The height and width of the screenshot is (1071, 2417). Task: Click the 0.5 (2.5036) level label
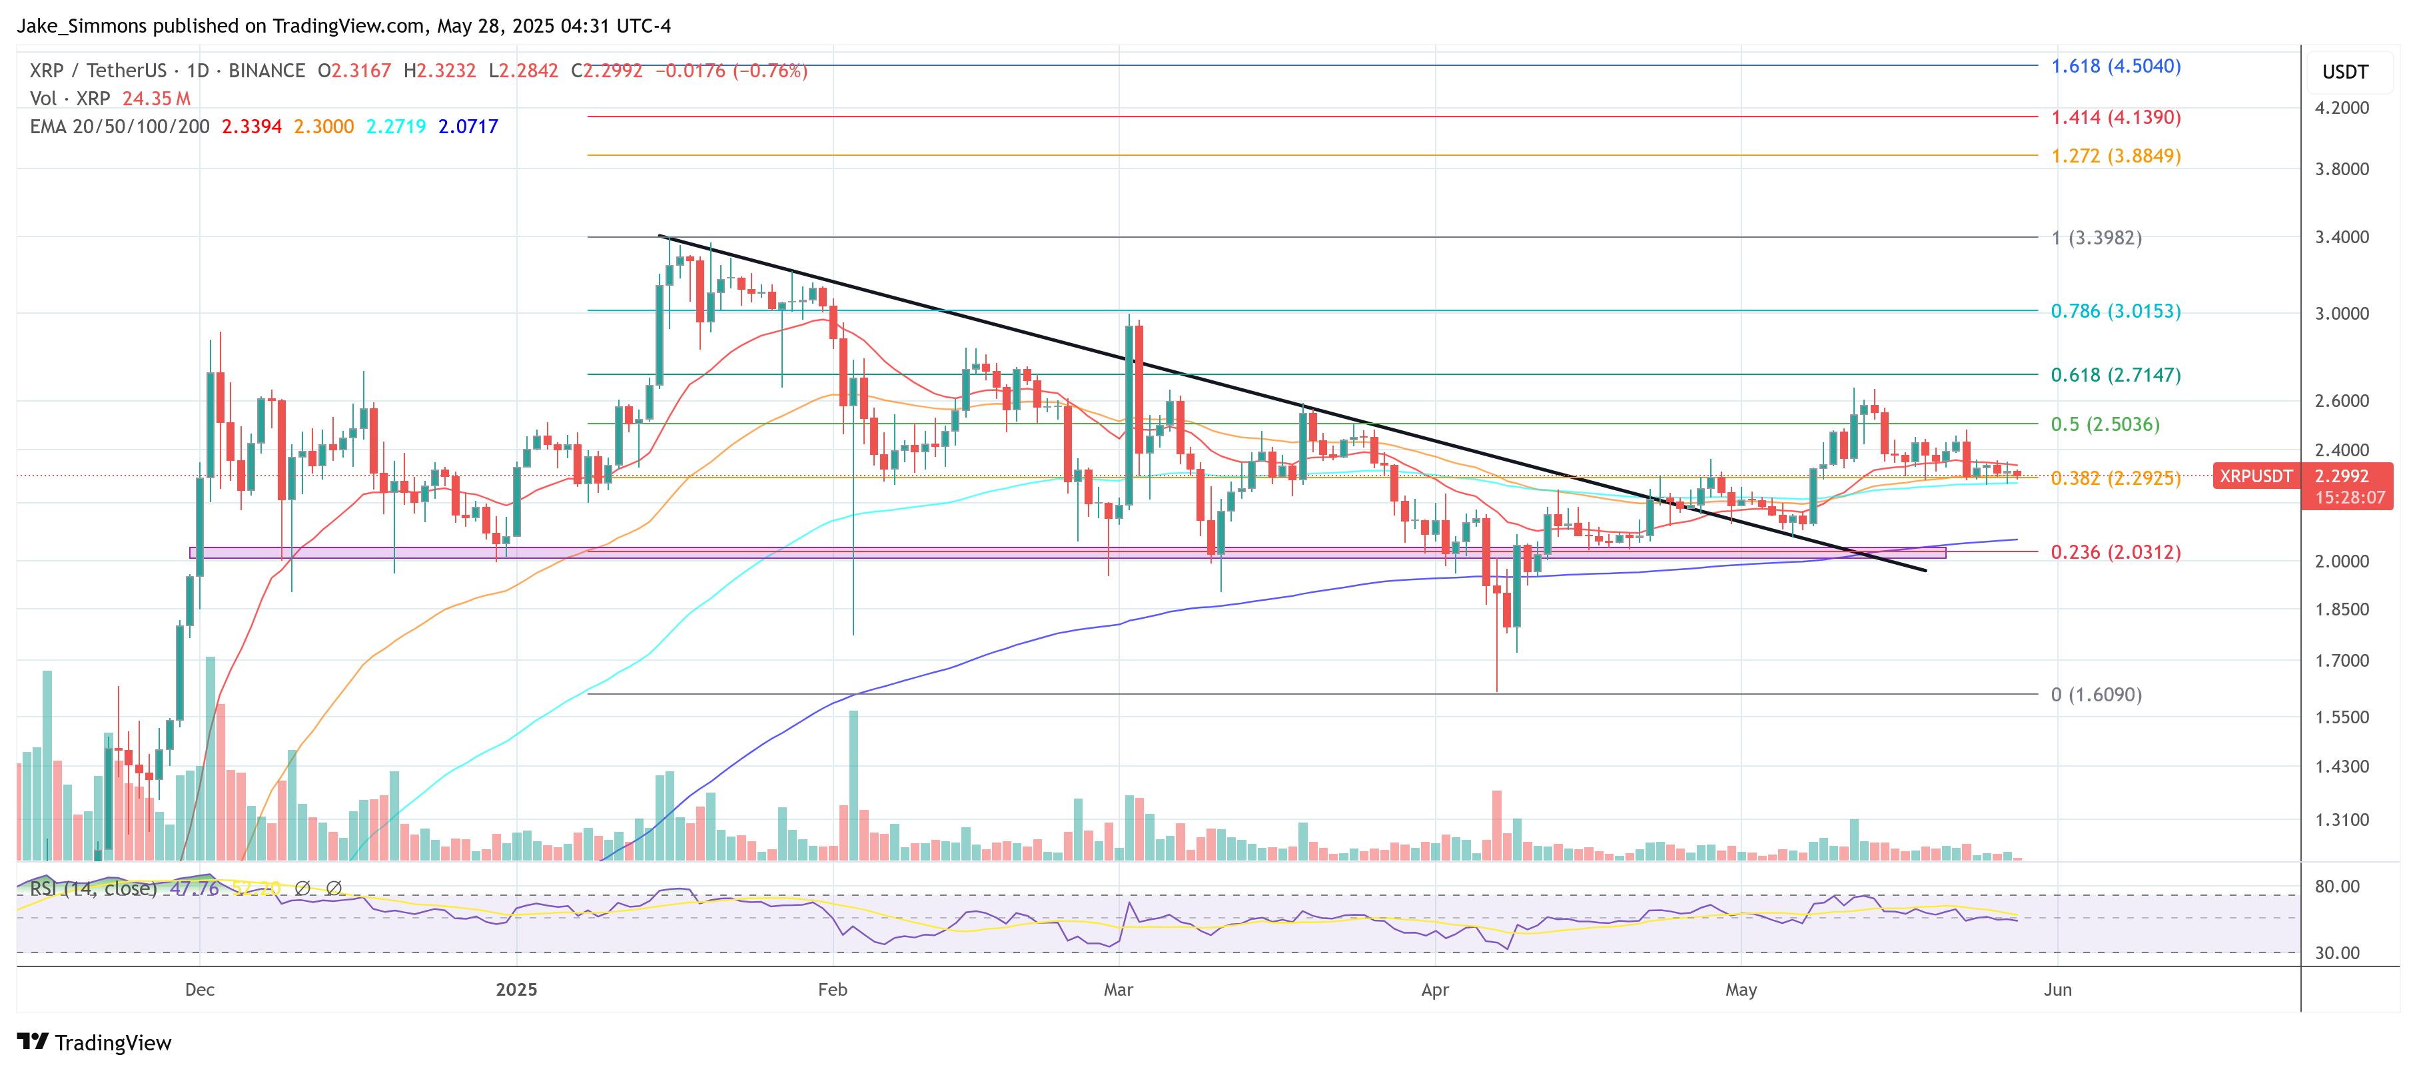click(x=2105, y=424)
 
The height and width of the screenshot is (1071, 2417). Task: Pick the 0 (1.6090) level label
click(x=2095, y=695)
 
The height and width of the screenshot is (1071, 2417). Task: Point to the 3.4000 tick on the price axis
click(x=2341, y=237)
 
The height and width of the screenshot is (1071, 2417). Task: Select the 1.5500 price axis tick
click(x=2341, y=717)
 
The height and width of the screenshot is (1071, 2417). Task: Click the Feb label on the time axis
click(x=832, y=989)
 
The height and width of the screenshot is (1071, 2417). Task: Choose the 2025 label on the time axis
click(x=516, y=989)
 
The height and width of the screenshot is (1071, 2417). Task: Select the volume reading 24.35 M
click(x=156, y=99)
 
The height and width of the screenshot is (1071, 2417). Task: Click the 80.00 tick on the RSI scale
click(x=2336, y=887)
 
